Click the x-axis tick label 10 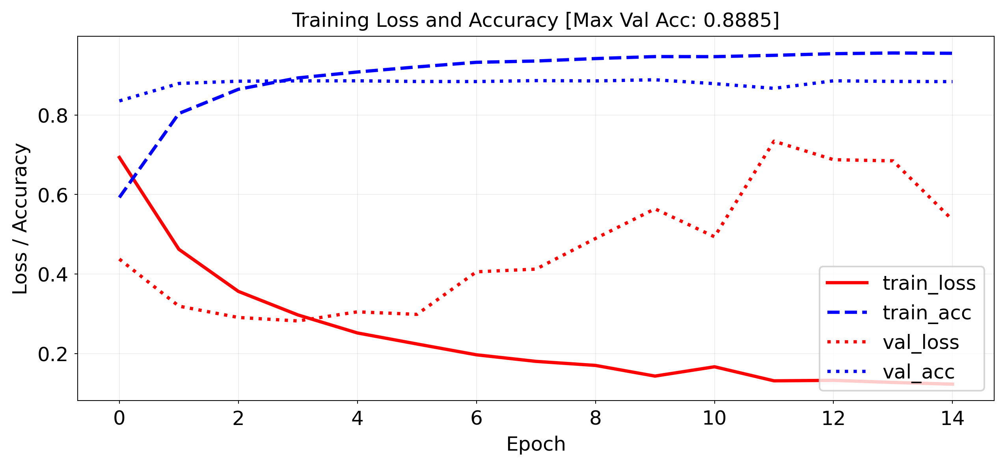point(714,418)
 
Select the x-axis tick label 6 point(476,418)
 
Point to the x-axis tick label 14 point(952,418)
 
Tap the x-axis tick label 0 point(119,418)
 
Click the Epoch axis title point(536,444)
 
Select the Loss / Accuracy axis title point(20,219)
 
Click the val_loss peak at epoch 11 point(774,141)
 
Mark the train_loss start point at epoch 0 point(119,157)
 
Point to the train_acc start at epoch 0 point(119,197)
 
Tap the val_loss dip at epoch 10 point(714,237)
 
